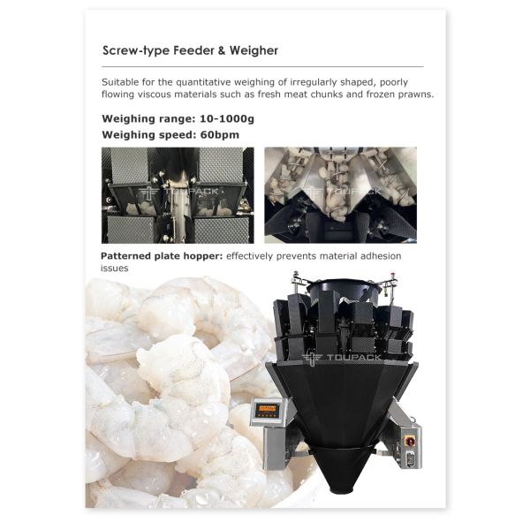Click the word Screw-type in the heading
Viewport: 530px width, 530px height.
pyautogui.click(x=136, y=50)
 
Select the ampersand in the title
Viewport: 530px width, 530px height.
pyautogui.click(x=222, y=50)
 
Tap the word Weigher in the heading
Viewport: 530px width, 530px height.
pyautogui.click(x=254, y=50)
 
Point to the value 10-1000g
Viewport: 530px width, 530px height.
pyautogui.click(x=227, y=119)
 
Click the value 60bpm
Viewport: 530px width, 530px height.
pyautogui.click(x=220, y=135)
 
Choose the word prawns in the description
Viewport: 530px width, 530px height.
pyautogui.click(x=416, y=95)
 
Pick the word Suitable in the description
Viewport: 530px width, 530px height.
pyautogui.click(x=120, y=82)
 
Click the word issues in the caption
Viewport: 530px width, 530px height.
pyautogui.click(x=114, y=269)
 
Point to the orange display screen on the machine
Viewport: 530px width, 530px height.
pyautogui.click(x=267, y=409)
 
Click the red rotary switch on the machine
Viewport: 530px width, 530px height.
pyautogui.click(x=410, y=441)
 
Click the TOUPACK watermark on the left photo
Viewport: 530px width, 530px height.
pyautogui.click(x=178, y=192)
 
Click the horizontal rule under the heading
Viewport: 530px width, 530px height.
pyautogui.click(x=262, y=66)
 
